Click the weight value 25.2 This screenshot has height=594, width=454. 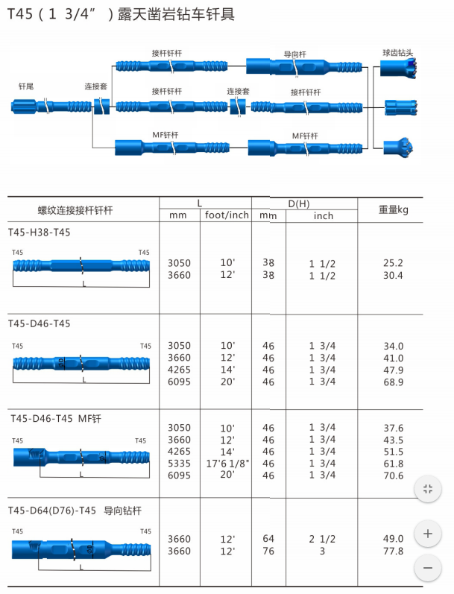(x=393, y=263)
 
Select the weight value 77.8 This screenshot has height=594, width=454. (x=393, y=551)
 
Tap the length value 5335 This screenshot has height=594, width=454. (x=179, y=464)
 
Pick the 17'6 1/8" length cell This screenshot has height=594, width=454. (x=227, y=464)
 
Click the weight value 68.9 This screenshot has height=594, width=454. (x=393, y=382)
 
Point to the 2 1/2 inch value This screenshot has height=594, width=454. (x=322, y=539)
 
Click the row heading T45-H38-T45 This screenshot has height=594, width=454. (x=40, y=233)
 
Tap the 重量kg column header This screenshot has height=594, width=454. (x=394, y=209)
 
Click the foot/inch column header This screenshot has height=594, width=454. (x=227, y=216)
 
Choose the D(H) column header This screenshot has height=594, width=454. (x=304, y=203)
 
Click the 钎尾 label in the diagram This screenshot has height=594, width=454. (x=26, y=87)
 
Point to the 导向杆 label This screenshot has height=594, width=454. (x=295, y=54)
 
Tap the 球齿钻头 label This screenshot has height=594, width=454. (x=397, y=53)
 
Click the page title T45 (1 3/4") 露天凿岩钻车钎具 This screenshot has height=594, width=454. (x=122, y=14)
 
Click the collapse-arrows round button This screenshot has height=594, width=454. (x=427, y=489)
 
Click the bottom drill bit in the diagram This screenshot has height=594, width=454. (x=395, y=147)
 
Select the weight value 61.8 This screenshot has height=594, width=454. (x=393, y=464)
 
